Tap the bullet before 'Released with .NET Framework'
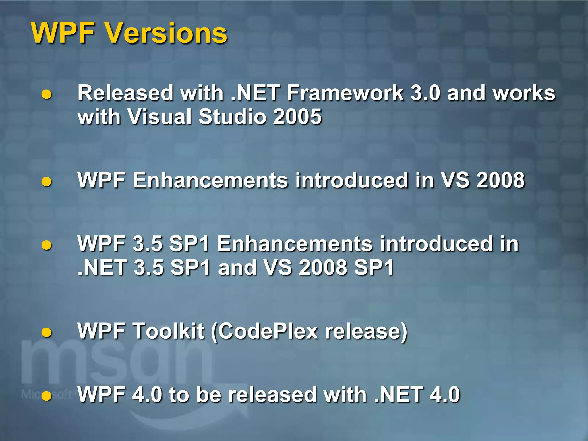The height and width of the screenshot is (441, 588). pyautogui.click(x=47, y=94)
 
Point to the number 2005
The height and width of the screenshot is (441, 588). pyautogui.click(x=297, y=117)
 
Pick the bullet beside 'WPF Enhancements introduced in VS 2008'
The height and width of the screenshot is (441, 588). pyautogui.click(x=47, y=181)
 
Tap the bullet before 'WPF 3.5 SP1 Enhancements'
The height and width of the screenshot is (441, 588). pyautogui.click(x=47, y=245)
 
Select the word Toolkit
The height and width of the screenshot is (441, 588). pyautogui.click(x=169, y=331)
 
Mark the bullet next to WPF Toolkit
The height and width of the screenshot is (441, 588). pyautogui.click(x=47, y=332)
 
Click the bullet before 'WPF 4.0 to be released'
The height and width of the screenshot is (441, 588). pyautogui.click(x=47, y=396)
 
